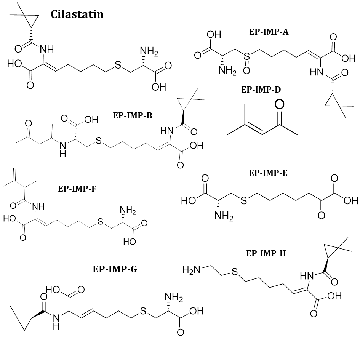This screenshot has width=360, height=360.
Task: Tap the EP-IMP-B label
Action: pyautogui.click(x=132, y=115)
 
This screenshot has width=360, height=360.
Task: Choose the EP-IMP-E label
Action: pyautogui.click(x=268, y=173)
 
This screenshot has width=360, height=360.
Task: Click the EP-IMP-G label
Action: pyautogui.click(x=115, y=270)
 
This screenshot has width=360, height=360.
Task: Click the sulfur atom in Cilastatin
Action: pyautogui.click(x=117, y=66)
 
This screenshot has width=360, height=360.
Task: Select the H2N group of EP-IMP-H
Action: pyautogui.click(x=191, y=270)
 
